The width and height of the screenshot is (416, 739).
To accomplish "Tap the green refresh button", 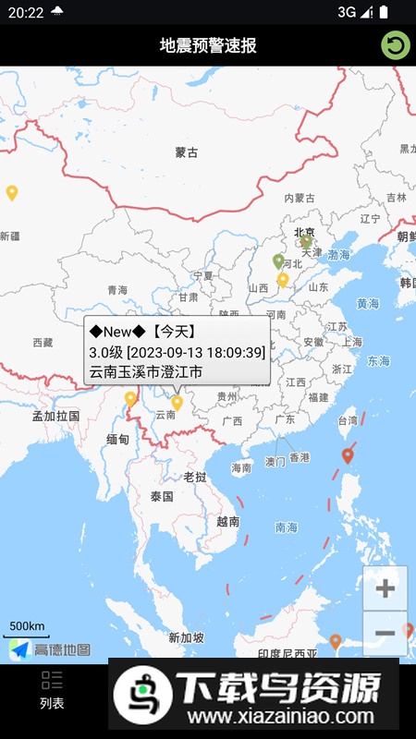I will click(396, 45).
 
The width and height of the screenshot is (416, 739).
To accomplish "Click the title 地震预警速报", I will click(208, 46).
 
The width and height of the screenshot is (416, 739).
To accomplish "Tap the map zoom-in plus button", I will click(385, 588).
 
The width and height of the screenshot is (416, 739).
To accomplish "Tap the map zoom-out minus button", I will click(385, 634).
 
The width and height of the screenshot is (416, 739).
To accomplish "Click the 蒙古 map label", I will click(187, 152).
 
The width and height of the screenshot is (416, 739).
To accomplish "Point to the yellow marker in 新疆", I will click(12, 193).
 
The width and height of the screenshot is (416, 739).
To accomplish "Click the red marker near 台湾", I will click(348, 455).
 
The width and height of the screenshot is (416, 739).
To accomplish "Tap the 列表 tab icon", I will click(52, 682).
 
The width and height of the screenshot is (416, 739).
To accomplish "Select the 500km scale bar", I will click(28, 629).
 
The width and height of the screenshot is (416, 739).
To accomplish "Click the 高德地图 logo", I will click(51, 649).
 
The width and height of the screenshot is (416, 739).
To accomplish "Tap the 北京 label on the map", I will click(304, 232).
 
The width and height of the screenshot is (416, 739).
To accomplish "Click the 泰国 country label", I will click(162, 496).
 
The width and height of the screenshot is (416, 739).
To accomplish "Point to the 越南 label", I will click(227, 521).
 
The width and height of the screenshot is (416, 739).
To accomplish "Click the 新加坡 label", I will click(186, 637).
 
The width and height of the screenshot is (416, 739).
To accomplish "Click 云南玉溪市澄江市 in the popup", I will click(145, 372).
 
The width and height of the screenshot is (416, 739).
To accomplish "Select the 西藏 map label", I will click(43, 343).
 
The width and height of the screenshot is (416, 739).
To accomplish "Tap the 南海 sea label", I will click(287, 527).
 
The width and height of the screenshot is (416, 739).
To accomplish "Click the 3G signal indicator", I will click(347, 11).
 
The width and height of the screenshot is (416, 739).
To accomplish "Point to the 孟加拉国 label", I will click(56, 416).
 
